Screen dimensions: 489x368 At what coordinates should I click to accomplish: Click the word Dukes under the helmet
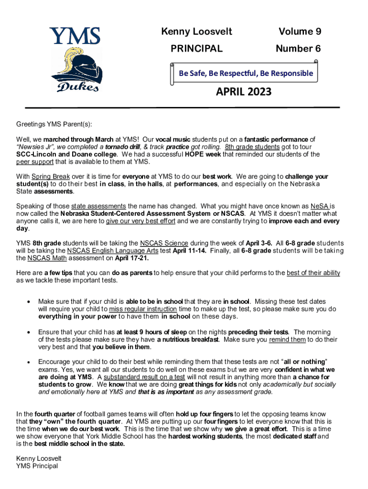[78, 86]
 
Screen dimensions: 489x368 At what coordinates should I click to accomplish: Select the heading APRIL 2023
[243, 91]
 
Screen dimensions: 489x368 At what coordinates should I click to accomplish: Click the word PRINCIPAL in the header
[196, 49]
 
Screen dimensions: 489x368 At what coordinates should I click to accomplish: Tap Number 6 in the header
[298, 49]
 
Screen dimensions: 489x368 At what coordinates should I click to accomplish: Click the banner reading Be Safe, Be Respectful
[246, 73]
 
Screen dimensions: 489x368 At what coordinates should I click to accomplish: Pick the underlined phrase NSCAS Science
[164, 243]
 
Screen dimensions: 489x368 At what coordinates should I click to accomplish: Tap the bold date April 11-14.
[190, 251]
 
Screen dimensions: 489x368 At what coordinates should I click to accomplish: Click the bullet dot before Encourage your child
[30, 362]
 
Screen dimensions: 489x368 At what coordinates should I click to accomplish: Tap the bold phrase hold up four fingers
[205, 414]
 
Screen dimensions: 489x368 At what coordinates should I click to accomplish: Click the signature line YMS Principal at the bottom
[37, 466]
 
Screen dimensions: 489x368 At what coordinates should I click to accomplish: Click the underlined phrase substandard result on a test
[144, 377]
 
